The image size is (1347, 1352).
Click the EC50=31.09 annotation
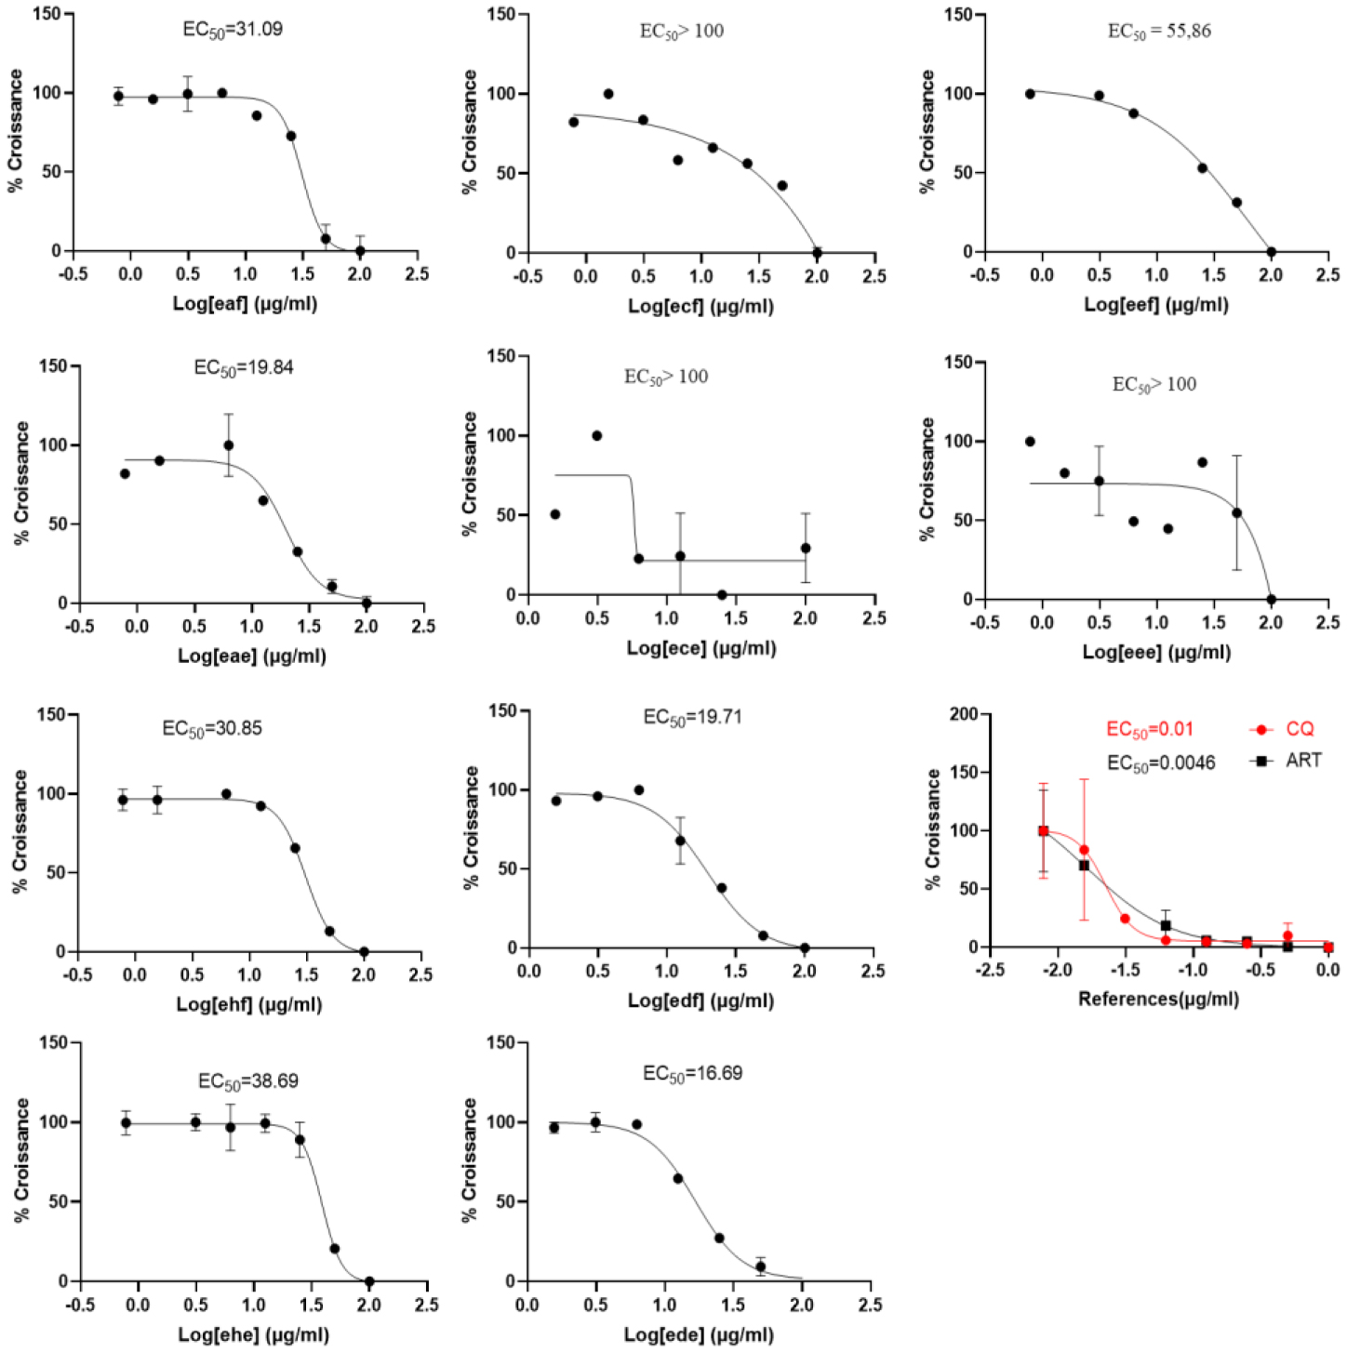pyautogui.click(x=232, y=30)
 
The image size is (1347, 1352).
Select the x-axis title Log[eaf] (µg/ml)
pyautogui.click(x=245, y=303)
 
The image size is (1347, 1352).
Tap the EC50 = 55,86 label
pyautogui.click(x=1158, y=32)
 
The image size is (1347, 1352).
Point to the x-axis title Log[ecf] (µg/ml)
pyautogui.click(x=700, y=305)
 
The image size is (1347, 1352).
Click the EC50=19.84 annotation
pyautogui.click(x=243, y=368)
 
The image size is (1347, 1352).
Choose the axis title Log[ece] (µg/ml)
pyautogui.click(x=700, y=647)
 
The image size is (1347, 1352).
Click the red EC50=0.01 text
pyautogui.click(x=1149, y=730)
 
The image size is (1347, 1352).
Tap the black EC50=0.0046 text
pyautogui.click(x=1160, y=763)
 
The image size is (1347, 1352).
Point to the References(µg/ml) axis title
pyautogui.click(x=1158, y=999)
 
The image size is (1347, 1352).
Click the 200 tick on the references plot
pyautogui.click(x=964, y=714)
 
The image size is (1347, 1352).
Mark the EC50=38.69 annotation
pyautogui.click(x=247, y=1081)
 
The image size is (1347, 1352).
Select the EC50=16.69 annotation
pyautogui.click(x=692, y=1074)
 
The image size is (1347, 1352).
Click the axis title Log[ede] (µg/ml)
pyautogui.click(x=698, y=1334)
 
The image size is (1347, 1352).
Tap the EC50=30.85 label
pyautogui.click(x=211, y=729)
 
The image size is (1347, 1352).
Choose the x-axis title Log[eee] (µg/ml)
pyautogui.click(x=1156, y=652)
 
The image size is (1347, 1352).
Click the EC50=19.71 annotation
pyautogui.click(x=692, y=718)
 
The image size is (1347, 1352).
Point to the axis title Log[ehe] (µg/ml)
pyautogui.click(x=253, y=1334)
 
